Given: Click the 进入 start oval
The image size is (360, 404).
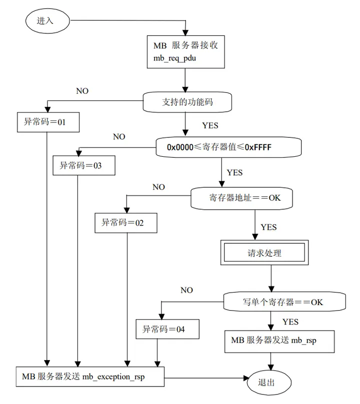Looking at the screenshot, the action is click(x=47, y=21).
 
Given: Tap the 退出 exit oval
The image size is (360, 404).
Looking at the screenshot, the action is click(x=269, y=383).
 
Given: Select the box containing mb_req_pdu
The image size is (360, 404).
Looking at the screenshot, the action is click(x=185, y=52).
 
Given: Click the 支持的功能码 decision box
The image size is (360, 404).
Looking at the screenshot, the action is click(x=187, y=102).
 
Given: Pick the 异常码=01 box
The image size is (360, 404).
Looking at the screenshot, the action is click(x=48, y=122).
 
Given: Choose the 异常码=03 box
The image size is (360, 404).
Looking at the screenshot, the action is click(x=84, y=165).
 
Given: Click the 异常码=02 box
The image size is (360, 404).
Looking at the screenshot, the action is click(x=126, y=223).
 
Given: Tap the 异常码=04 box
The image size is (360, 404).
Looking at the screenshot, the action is click(x=167, y=329).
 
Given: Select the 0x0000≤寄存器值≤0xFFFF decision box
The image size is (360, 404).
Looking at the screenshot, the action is click(x=228, y=147).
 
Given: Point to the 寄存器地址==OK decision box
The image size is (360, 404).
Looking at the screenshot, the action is click(x=241, y=198).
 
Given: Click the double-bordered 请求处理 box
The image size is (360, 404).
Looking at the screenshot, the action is click(x=264, y=253).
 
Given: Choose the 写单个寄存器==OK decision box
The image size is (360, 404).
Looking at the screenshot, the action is click(x=284, y=302).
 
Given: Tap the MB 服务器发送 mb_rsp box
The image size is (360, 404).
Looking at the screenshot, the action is click(x=279, y=342).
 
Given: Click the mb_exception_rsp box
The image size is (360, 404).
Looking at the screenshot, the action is click(x=90, y=377).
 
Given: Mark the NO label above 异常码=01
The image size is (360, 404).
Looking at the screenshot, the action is click(x=82, y=91).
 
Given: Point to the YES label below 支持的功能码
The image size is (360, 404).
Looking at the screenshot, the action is click(x=210, y=125).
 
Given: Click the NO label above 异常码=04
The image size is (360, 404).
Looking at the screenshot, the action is click(x=186, y=290).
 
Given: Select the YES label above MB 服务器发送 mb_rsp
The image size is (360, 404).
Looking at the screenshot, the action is click(x=290, y=322).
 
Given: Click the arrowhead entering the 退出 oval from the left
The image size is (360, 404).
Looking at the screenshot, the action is click(x=246, y=378).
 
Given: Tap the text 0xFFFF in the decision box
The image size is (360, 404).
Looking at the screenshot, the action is click(x=258, y=147).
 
